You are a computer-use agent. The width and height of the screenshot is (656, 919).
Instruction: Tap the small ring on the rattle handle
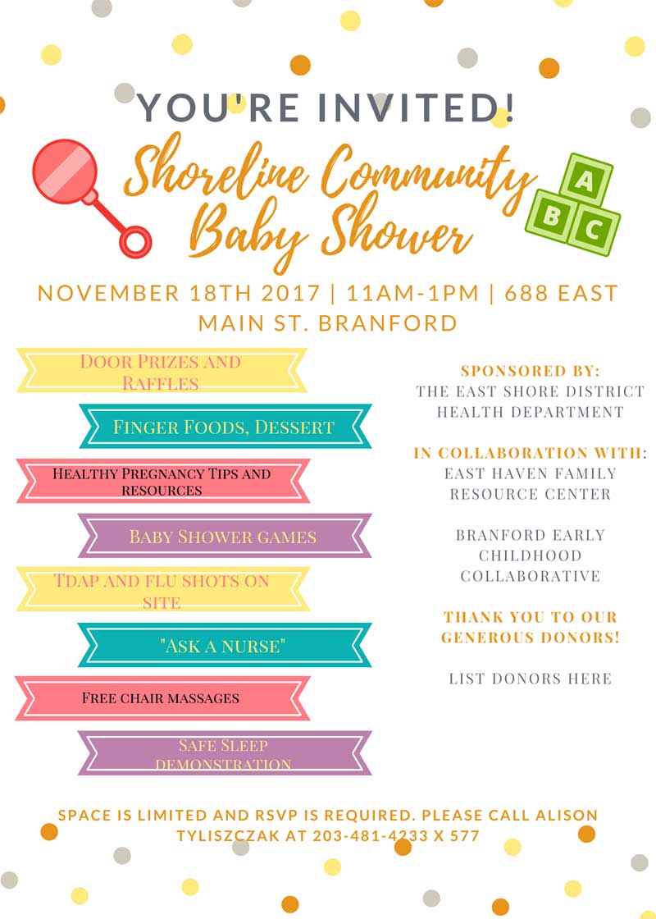point(136,241)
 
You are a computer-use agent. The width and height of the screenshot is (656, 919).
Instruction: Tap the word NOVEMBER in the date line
point(108,292)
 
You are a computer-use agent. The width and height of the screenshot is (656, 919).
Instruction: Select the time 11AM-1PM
point(413,292)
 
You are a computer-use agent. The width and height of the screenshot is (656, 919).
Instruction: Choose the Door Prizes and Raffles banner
point(162,370)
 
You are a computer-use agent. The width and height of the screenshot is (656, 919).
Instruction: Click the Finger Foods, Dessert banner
point(225,426)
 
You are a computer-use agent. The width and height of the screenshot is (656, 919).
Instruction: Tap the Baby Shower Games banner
point(225,536)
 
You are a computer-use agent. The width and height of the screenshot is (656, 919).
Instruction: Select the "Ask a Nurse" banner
point(225,645)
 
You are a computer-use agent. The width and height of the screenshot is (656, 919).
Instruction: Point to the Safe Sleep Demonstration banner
point(225,753)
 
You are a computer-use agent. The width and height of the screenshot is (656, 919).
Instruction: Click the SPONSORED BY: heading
point(531,370)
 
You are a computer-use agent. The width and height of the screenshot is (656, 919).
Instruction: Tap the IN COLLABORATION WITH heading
point(528,452)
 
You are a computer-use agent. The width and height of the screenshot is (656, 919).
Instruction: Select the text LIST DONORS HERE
point(531,679)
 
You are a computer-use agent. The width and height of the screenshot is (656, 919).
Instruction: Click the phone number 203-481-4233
point(370,836)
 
